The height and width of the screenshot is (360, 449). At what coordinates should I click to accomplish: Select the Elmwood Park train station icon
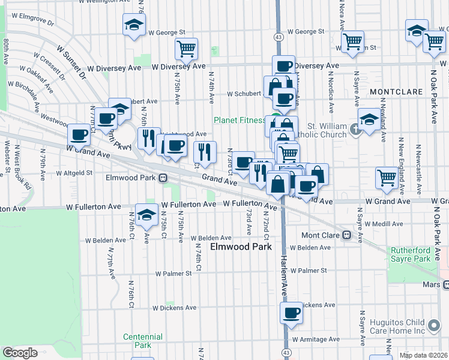(x=163, y=178)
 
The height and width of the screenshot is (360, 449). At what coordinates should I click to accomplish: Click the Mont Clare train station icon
(x=346, y=235)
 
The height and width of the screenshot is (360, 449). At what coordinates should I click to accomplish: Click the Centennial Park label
(x=142, y=341)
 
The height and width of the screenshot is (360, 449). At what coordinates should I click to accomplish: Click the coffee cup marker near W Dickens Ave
(x=292, y=313)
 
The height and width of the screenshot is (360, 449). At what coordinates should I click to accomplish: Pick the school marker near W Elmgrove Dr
(x=134, y=25)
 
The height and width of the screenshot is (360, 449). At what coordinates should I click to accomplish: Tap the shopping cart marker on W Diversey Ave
(x=187, y=49)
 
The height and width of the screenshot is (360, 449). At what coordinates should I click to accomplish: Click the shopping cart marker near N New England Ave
(x=387, y=177)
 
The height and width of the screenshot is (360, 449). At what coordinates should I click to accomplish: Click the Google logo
(x=20, y=353)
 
